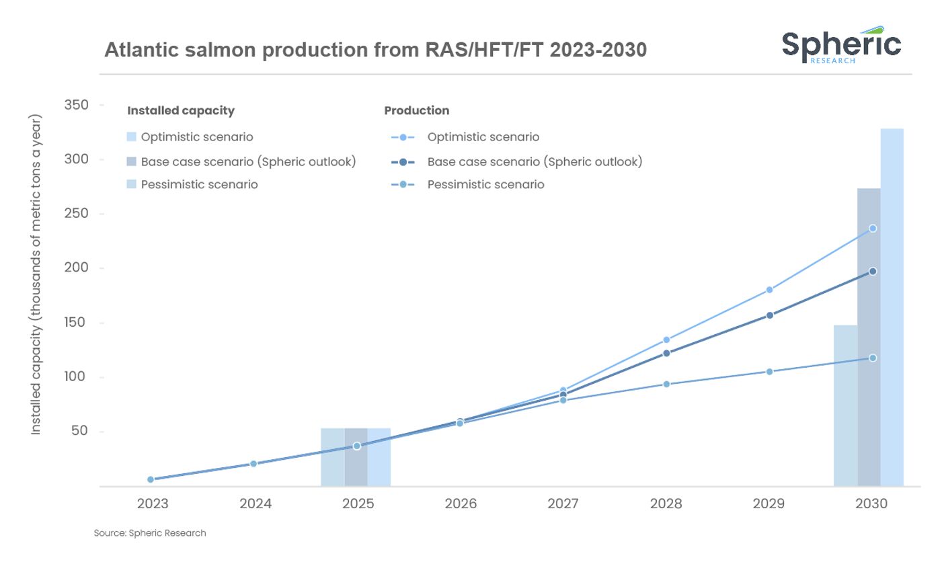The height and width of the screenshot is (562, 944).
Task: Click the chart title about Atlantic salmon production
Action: [x=375, y=50]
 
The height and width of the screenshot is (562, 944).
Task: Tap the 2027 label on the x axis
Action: [x=563, y=504]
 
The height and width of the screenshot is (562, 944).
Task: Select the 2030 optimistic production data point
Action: [x=873, y=229]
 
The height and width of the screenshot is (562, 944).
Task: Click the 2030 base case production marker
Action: [x=873, y=272]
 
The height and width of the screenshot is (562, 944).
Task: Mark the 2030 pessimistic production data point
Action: [x=873, y=358]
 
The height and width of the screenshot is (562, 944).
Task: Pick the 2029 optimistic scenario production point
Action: [x=770, y=290]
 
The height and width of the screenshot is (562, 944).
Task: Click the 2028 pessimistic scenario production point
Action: [x=666, y=384]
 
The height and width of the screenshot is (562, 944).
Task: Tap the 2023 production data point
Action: [x=150, y=479]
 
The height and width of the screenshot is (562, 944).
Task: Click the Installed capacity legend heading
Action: [x=181, y=110]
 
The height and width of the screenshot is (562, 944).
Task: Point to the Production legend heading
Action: [x=417, y=110]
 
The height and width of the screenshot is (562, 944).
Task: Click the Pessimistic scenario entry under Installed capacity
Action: [x=199, y=184]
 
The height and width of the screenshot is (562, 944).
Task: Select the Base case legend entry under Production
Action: [x=535, y=162]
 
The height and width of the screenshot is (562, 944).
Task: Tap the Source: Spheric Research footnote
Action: [x=150, y=533]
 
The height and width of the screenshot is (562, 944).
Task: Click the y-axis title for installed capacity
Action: [x=36, y=274]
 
